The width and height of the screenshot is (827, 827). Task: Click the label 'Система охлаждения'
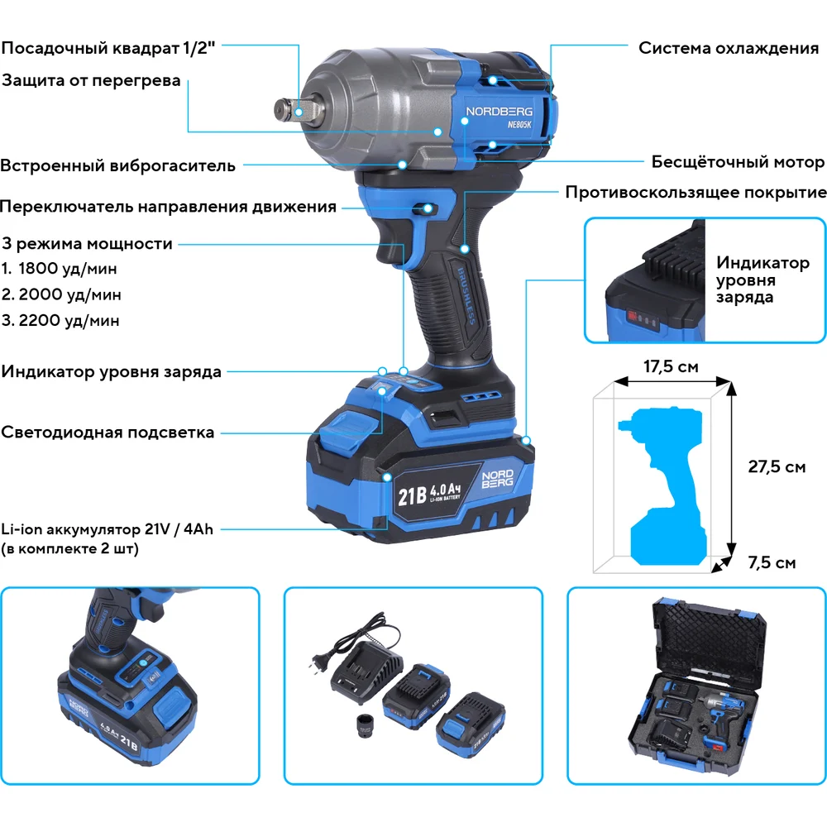(x=729, y=48)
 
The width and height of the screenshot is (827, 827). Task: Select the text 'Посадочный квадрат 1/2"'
(x=108, y=48)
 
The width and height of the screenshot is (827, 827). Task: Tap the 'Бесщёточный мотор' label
(x=738, y=161)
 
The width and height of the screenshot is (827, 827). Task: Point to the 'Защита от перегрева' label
(x=91, y=81)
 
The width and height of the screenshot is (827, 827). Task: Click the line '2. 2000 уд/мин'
(x=61, y=294)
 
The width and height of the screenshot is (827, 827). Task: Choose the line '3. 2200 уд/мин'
(x=60, y=320)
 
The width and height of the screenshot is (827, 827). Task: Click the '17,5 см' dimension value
(x=671, y=366)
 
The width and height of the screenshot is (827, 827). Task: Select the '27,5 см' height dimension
(x=777, y=466)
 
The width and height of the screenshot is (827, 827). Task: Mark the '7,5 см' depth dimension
(x=772, y=562)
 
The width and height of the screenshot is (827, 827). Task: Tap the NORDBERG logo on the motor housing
(x=499, y=112)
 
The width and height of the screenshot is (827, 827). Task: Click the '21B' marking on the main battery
(x=412, y=495)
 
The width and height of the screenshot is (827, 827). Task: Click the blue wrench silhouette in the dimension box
(x=664, y=485)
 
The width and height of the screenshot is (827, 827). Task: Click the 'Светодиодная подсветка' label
(x=108, y=433)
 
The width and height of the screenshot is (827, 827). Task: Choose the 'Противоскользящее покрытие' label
(x=696, y=193)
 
